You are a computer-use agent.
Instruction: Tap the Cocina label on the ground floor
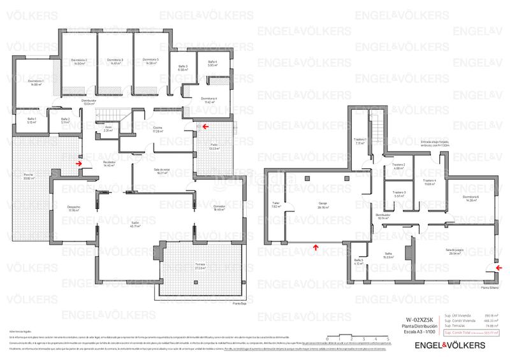pyautogui.click(x=157, y=130)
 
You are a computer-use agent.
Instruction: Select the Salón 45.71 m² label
pyautogui.click(x=136, y=225)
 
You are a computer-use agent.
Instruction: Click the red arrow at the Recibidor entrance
pyautogui.click(x=78, y=163)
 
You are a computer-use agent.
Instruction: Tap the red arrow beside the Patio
pyautogui.click(x=205, y=126)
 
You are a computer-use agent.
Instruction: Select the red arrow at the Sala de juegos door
pyautogui.click(x=488, y=268)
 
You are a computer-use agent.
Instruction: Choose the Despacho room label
pyautogui.click(x=73, y=208)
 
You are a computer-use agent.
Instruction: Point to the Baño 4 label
pyautogui.click(x=212, y=63)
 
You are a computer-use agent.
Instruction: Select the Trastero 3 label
pyautogui.click(x=399, y=194)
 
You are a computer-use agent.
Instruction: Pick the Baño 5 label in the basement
pyautogui.click(x=358, y=261)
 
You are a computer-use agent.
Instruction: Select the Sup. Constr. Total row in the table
pyautogui.click(x=470, y=333)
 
